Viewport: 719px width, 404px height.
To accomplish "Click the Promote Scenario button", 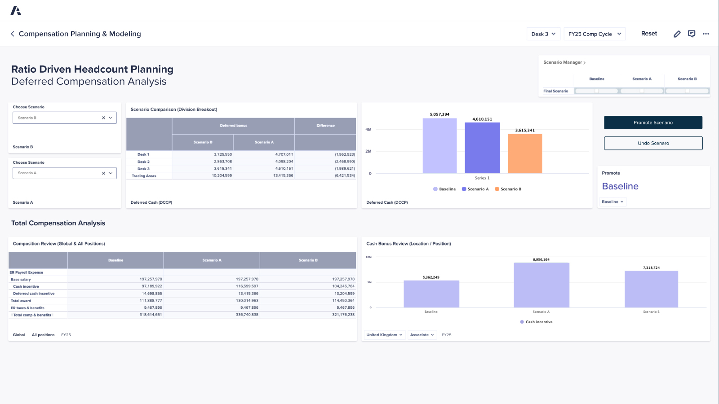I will (x=653, y=123).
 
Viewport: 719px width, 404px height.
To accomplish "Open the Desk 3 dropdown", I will (x=543, y=34).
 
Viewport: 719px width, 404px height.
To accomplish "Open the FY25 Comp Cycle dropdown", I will (x=594, y=34).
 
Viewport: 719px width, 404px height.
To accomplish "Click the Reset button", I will (x=649, y=34).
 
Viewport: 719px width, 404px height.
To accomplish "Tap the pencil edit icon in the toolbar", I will (x=677, y=34).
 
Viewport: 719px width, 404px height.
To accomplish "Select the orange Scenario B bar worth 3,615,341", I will (x=525, y=154).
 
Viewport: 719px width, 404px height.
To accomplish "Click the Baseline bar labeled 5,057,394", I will (x=439, y=146).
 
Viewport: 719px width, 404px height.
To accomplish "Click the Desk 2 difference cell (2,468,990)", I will (x=345, y=162).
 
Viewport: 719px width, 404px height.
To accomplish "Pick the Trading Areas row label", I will (x=144, y=176).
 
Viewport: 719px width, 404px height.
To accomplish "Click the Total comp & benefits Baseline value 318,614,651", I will (x=151, y=315).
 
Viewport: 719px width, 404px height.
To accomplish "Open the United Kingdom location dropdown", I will (x=384, y=335).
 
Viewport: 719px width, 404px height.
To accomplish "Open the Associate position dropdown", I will (x=422, y=335).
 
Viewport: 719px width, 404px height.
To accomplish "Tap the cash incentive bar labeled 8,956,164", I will (x=541, y=285).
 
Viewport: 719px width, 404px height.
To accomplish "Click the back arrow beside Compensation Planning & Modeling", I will (x=13, y=34).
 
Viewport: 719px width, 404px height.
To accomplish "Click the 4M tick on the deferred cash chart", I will (x=368, y=130).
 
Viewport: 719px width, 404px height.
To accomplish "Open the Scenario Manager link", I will (x=564, y=62).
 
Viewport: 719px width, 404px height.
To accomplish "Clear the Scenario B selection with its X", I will (x=103, y=118).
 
